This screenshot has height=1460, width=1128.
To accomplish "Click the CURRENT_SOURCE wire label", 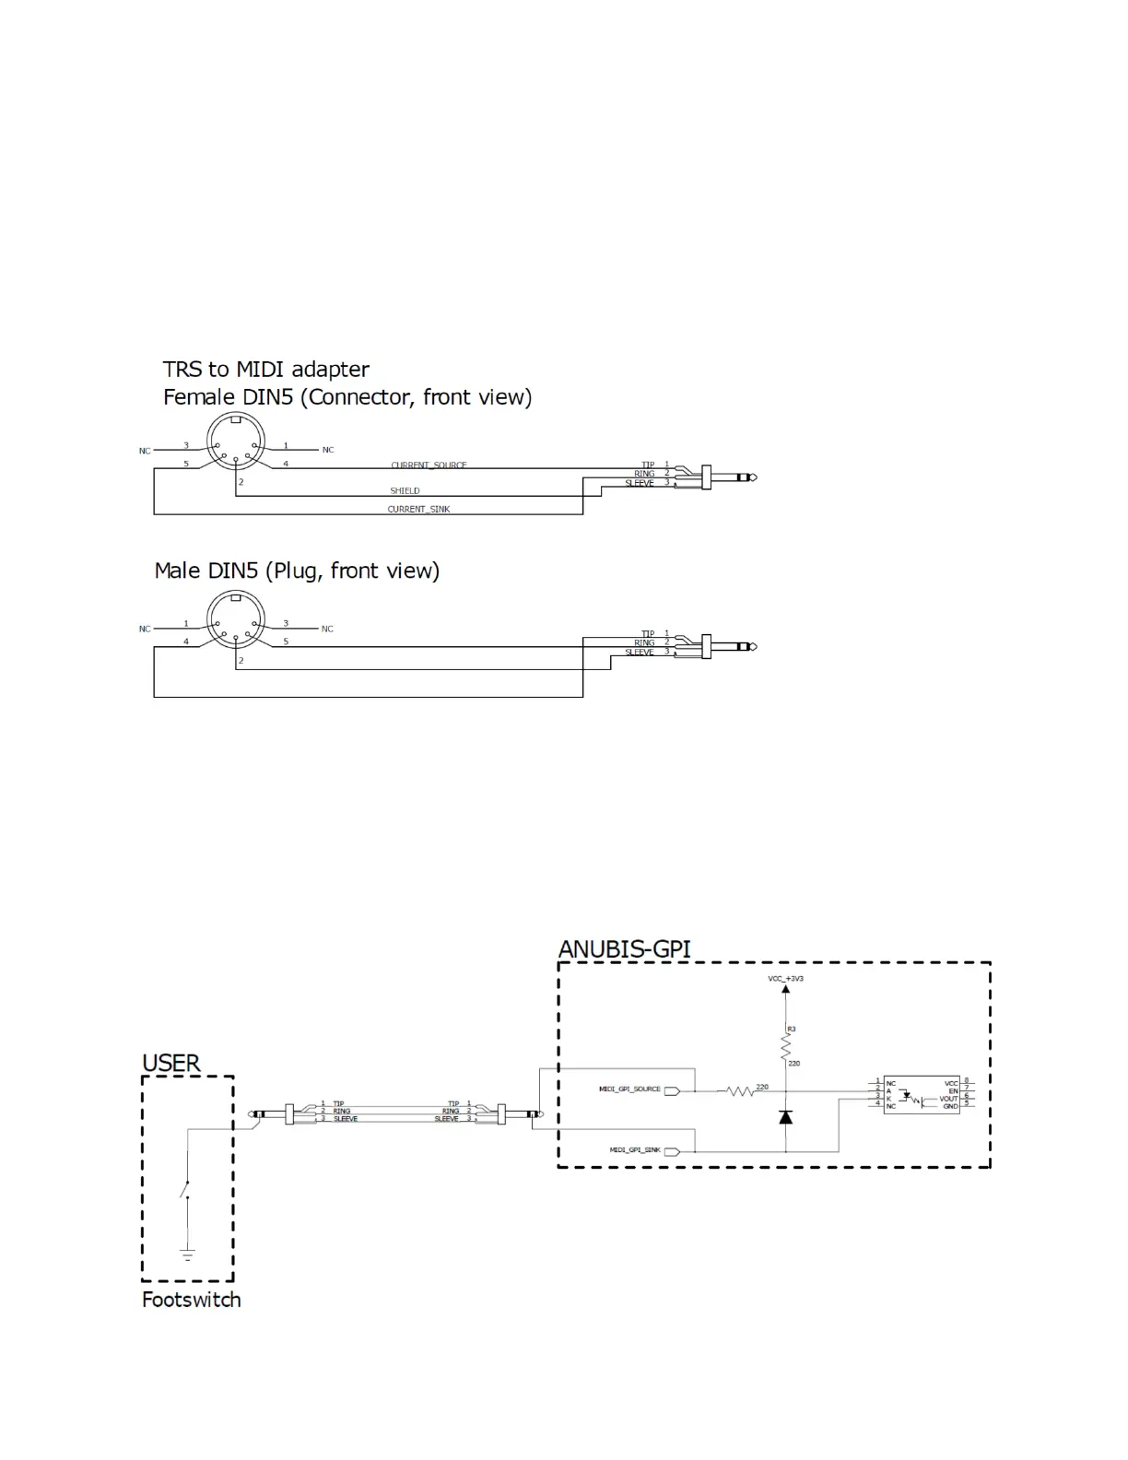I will pyautogui.click(x=429, y=465).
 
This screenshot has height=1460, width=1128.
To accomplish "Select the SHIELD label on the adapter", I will pyautogui.click(x=405, y=490).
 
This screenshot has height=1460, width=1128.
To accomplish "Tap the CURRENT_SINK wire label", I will pyautogui.click(x=418, y=509).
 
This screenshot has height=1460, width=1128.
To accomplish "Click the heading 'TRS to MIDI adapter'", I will pyautogui.click(x=265, y=370).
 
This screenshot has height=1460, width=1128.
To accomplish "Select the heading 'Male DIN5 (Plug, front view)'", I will pyautogui.click(x=297, y=571).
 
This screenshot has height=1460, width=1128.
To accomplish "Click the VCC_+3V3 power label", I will pyautogui.click(x=785, y=978).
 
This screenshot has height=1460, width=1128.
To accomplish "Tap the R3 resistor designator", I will pyautogui.click(x=791, y=1029).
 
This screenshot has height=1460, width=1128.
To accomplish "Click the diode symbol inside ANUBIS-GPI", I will pyautogui.click(x=785, y=1117).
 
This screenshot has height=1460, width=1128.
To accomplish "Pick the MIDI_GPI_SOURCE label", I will pyautogui.click(x=629, y=1089).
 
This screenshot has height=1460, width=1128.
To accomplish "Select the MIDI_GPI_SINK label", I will pyautogui.click(x=635, y=1150).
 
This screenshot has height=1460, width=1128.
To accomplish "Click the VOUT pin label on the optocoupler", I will pyautogui.click(x=948, y=1099).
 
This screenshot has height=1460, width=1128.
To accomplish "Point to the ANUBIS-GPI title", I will pyautogui.click(x=624, y=949).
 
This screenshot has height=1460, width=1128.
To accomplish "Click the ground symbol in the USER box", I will pyautogui.click(x=187, y=1254).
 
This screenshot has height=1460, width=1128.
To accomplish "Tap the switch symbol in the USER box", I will pyautogui.click(x=186, y=1190).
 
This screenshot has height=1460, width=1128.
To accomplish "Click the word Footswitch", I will pyautogui.click(x=192, y=1300).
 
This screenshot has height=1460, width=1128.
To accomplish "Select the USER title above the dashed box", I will pyautogui.click(x=171, y=1063).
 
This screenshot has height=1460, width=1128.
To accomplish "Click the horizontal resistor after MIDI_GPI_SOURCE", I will pyautogui.click(x=740, y=1091).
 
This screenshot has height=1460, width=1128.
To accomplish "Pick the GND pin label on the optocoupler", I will pyautogui.click(x=950, y=1106).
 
